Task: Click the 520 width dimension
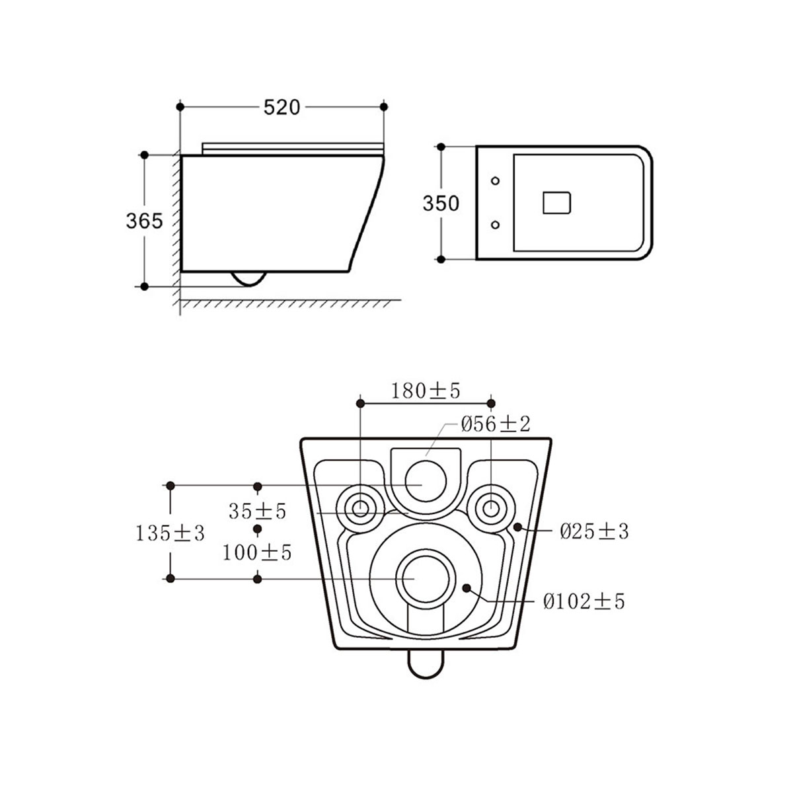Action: coord(282,107)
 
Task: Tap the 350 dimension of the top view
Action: coord(441,203)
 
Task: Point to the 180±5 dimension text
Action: coord(425,391)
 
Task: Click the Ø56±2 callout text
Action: coord(496,424)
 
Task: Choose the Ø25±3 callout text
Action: coord(594,531)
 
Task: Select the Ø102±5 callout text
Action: coord(584,601)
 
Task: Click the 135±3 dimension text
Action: coord(170,533)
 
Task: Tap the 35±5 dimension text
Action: coord(257,511)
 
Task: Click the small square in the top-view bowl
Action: coord(556,203)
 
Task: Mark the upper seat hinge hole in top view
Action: coord(496,180)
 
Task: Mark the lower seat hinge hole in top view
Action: coord(496,225)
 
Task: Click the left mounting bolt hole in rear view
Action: coord(360,508)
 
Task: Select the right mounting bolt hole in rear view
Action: coord(490,508)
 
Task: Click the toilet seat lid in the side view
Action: coord(292,147)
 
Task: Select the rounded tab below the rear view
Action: coord(425,663)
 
